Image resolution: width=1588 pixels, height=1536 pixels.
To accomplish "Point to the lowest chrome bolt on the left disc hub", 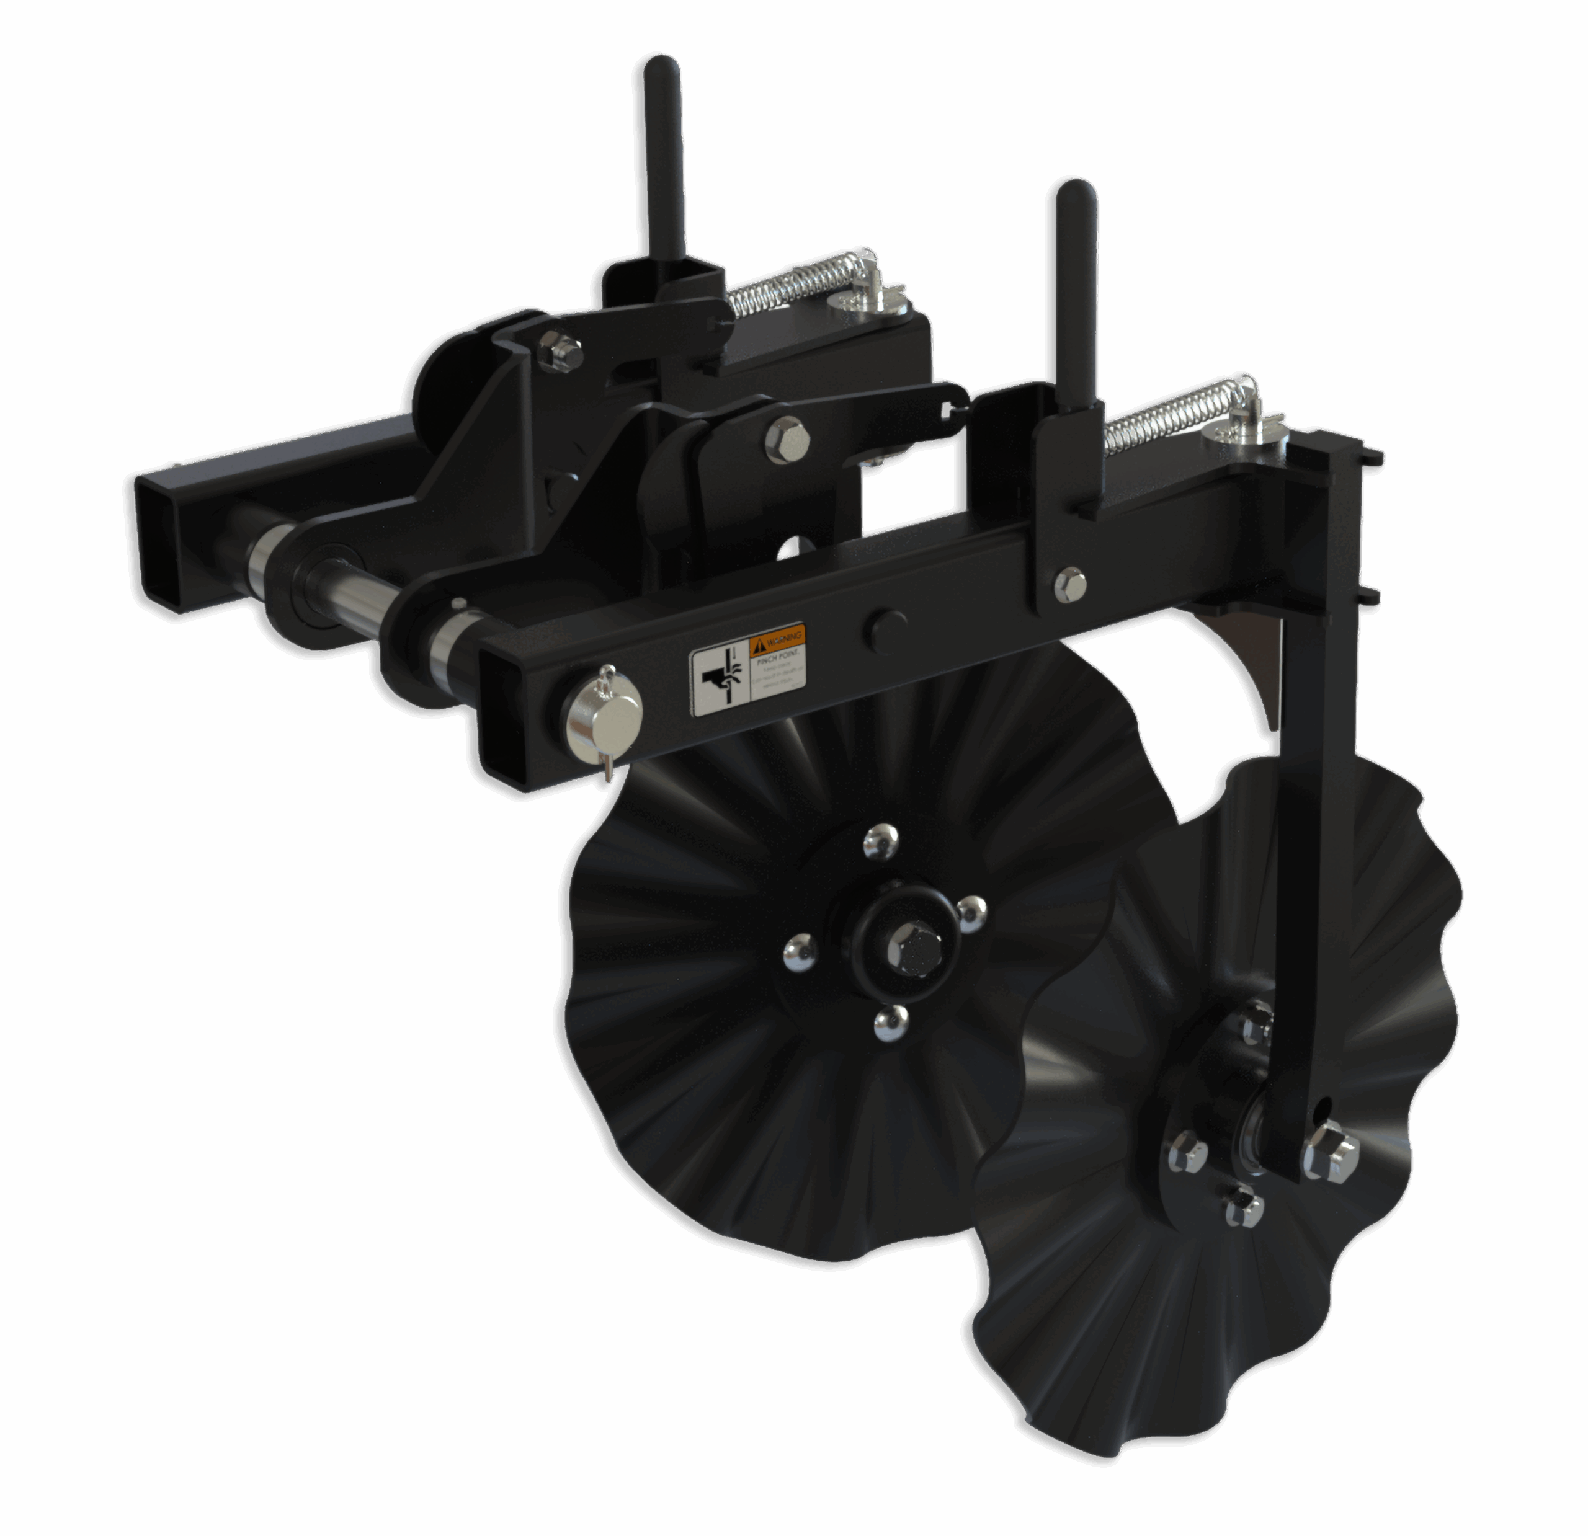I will pos(891,1023).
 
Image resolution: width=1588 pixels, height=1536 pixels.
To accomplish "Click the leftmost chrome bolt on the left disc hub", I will pos(799,948).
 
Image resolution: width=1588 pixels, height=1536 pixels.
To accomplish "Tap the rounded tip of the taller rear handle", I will pos(662,69).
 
